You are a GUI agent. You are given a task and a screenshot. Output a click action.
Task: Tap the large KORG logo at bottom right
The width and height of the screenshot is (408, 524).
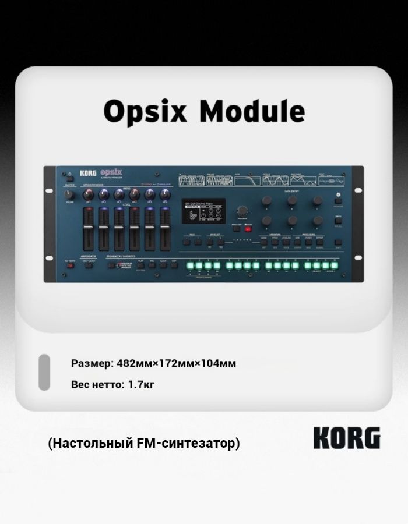[x=347, y=438]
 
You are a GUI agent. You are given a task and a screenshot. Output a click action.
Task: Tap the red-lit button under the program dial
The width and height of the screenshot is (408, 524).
[x=248, y=229]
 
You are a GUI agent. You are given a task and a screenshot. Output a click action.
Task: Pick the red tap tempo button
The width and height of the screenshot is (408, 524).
[x=70, y=265]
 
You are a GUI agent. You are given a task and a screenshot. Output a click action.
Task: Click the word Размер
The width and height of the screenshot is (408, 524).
[x=92, y=363]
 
